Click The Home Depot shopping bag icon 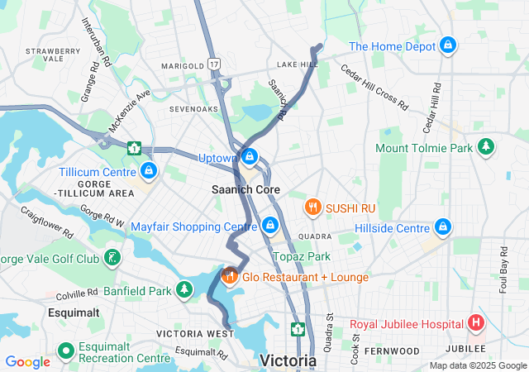click(447, 45)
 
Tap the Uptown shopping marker click(248, 156)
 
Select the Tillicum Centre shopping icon click(148, 171)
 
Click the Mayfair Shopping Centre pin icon click(269, 225)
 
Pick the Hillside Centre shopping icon click(443, 227)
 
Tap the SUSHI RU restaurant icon click(312, 206)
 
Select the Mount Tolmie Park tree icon click(487, 147)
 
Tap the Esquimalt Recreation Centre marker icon click(65, 360)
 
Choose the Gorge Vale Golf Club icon click(112, 259)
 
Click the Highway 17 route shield click(214, 63)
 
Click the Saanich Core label click(245, 189)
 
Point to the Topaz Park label click(301, 256)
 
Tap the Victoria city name click(288, 360)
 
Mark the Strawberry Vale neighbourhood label click(53, 55)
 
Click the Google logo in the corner click(27, 361)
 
